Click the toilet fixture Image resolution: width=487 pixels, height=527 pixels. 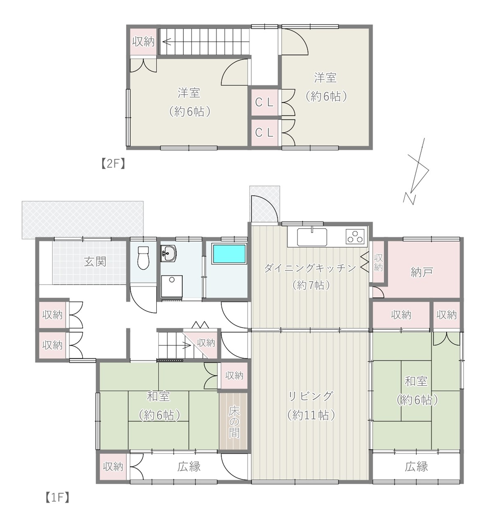(144, 257)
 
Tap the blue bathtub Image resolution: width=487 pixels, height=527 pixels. (230, 254)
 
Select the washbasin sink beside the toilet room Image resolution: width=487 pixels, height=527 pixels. (168, 254)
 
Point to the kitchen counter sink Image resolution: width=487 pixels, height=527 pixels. (312, 237)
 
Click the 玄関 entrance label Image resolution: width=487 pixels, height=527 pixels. (95, 261)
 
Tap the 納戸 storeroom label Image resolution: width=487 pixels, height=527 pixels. (422, 272)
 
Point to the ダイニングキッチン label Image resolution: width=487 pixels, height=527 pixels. (310, 268)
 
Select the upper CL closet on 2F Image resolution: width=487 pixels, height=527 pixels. (264, 103)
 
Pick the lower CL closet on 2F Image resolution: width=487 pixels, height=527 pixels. (264, 133)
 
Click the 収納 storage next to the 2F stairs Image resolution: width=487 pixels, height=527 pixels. (144, 42)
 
